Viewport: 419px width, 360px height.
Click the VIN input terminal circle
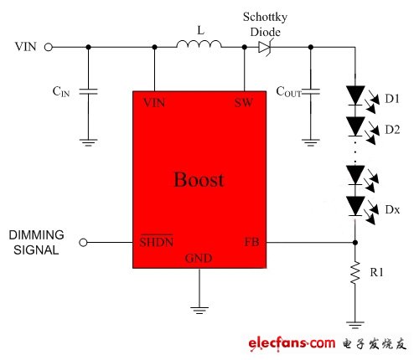(49, 48)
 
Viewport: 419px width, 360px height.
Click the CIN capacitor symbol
(88, 90)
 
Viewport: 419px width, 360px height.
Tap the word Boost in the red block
(199, 179)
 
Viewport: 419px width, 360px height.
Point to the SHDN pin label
(156, 243)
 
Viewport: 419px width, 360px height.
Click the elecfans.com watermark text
(289, 343)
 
